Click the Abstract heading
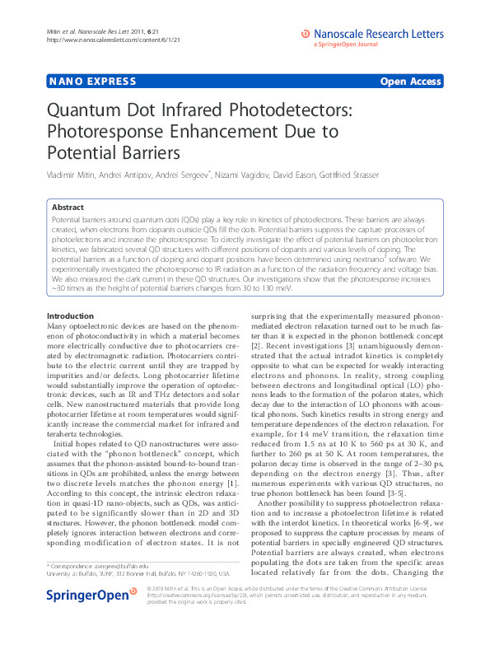67,208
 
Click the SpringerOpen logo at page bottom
91,619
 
